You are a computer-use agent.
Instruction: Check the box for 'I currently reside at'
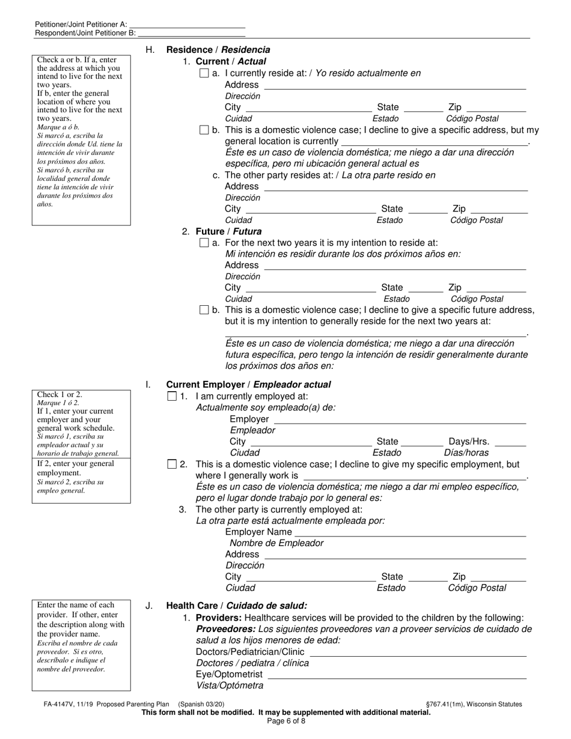click(204, 73)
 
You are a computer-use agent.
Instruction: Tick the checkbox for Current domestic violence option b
click(204, 130)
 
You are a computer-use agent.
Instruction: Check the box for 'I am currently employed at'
click(172, 397)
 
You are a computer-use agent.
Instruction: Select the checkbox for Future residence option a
click(204, 243)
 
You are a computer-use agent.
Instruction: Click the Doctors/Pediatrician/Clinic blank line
click(418, 652)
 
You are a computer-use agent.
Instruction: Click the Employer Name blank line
click(411, 532)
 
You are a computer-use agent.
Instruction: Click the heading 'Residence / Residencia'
click(218, 50)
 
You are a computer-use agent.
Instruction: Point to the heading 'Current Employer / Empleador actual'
click(248, 385)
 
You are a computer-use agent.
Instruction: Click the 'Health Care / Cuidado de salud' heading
click(236, 606)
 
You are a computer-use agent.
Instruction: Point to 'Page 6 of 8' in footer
click(285, 721)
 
